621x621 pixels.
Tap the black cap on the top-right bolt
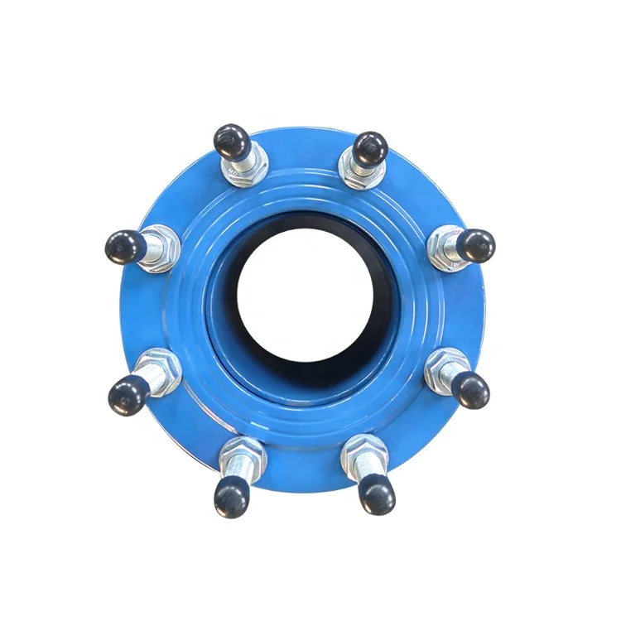click(x=369, y=147)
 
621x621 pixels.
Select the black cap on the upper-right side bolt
click(x=477, y=245)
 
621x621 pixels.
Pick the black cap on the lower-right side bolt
click(x=472, y=389)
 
